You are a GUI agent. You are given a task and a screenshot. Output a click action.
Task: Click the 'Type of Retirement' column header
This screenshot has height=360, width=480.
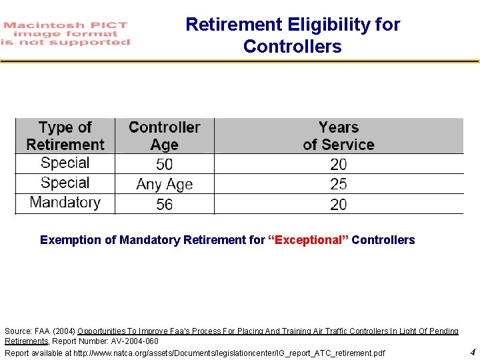[x=65, y=136]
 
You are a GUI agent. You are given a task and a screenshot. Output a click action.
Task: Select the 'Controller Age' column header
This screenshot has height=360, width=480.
[x=164, y=136]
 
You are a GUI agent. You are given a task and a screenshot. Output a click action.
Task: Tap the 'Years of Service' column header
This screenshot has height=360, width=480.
[x=339, y=136]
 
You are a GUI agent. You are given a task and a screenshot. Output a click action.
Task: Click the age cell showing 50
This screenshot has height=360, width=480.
[x=164, y=164]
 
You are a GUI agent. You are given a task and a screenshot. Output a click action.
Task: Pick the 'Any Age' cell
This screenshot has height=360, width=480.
[x=164, y=184]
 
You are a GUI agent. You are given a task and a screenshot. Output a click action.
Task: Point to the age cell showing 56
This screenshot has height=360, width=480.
[x=164, y=204]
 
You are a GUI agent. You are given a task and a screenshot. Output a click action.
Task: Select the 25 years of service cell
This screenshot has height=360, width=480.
[x=339, y=184]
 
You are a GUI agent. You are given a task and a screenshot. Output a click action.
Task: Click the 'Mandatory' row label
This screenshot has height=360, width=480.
[x=65, y=203]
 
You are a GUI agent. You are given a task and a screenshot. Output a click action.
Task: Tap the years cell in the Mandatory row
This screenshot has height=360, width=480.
[x=339, y=204]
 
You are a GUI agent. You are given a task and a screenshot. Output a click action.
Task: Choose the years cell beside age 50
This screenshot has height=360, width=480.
[x=339, y=164]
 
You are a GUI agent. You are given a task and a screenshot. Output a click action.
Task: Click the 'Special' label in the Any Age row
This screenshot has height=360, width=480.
[x=65, y=183]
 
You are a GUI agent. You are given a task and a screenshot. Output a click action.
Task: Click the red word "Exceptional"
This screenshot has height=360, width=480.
[x=308, y=240]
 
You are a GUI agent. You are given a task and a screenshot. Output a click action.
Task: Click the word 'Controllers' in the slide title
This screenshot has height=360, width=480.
[x=292, y=47]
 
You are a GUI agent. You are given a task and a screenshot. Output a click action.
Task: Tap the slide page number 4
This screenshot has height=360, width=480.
[x=472, y=352]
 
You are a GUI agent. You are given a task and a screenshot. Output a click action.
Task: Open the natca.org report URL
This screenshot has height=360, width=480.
[x=229, y=353]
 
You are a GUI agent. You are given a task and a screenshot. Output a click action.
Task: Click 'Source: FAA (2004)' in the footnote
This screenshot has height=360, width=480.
[x=39, y=331]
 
